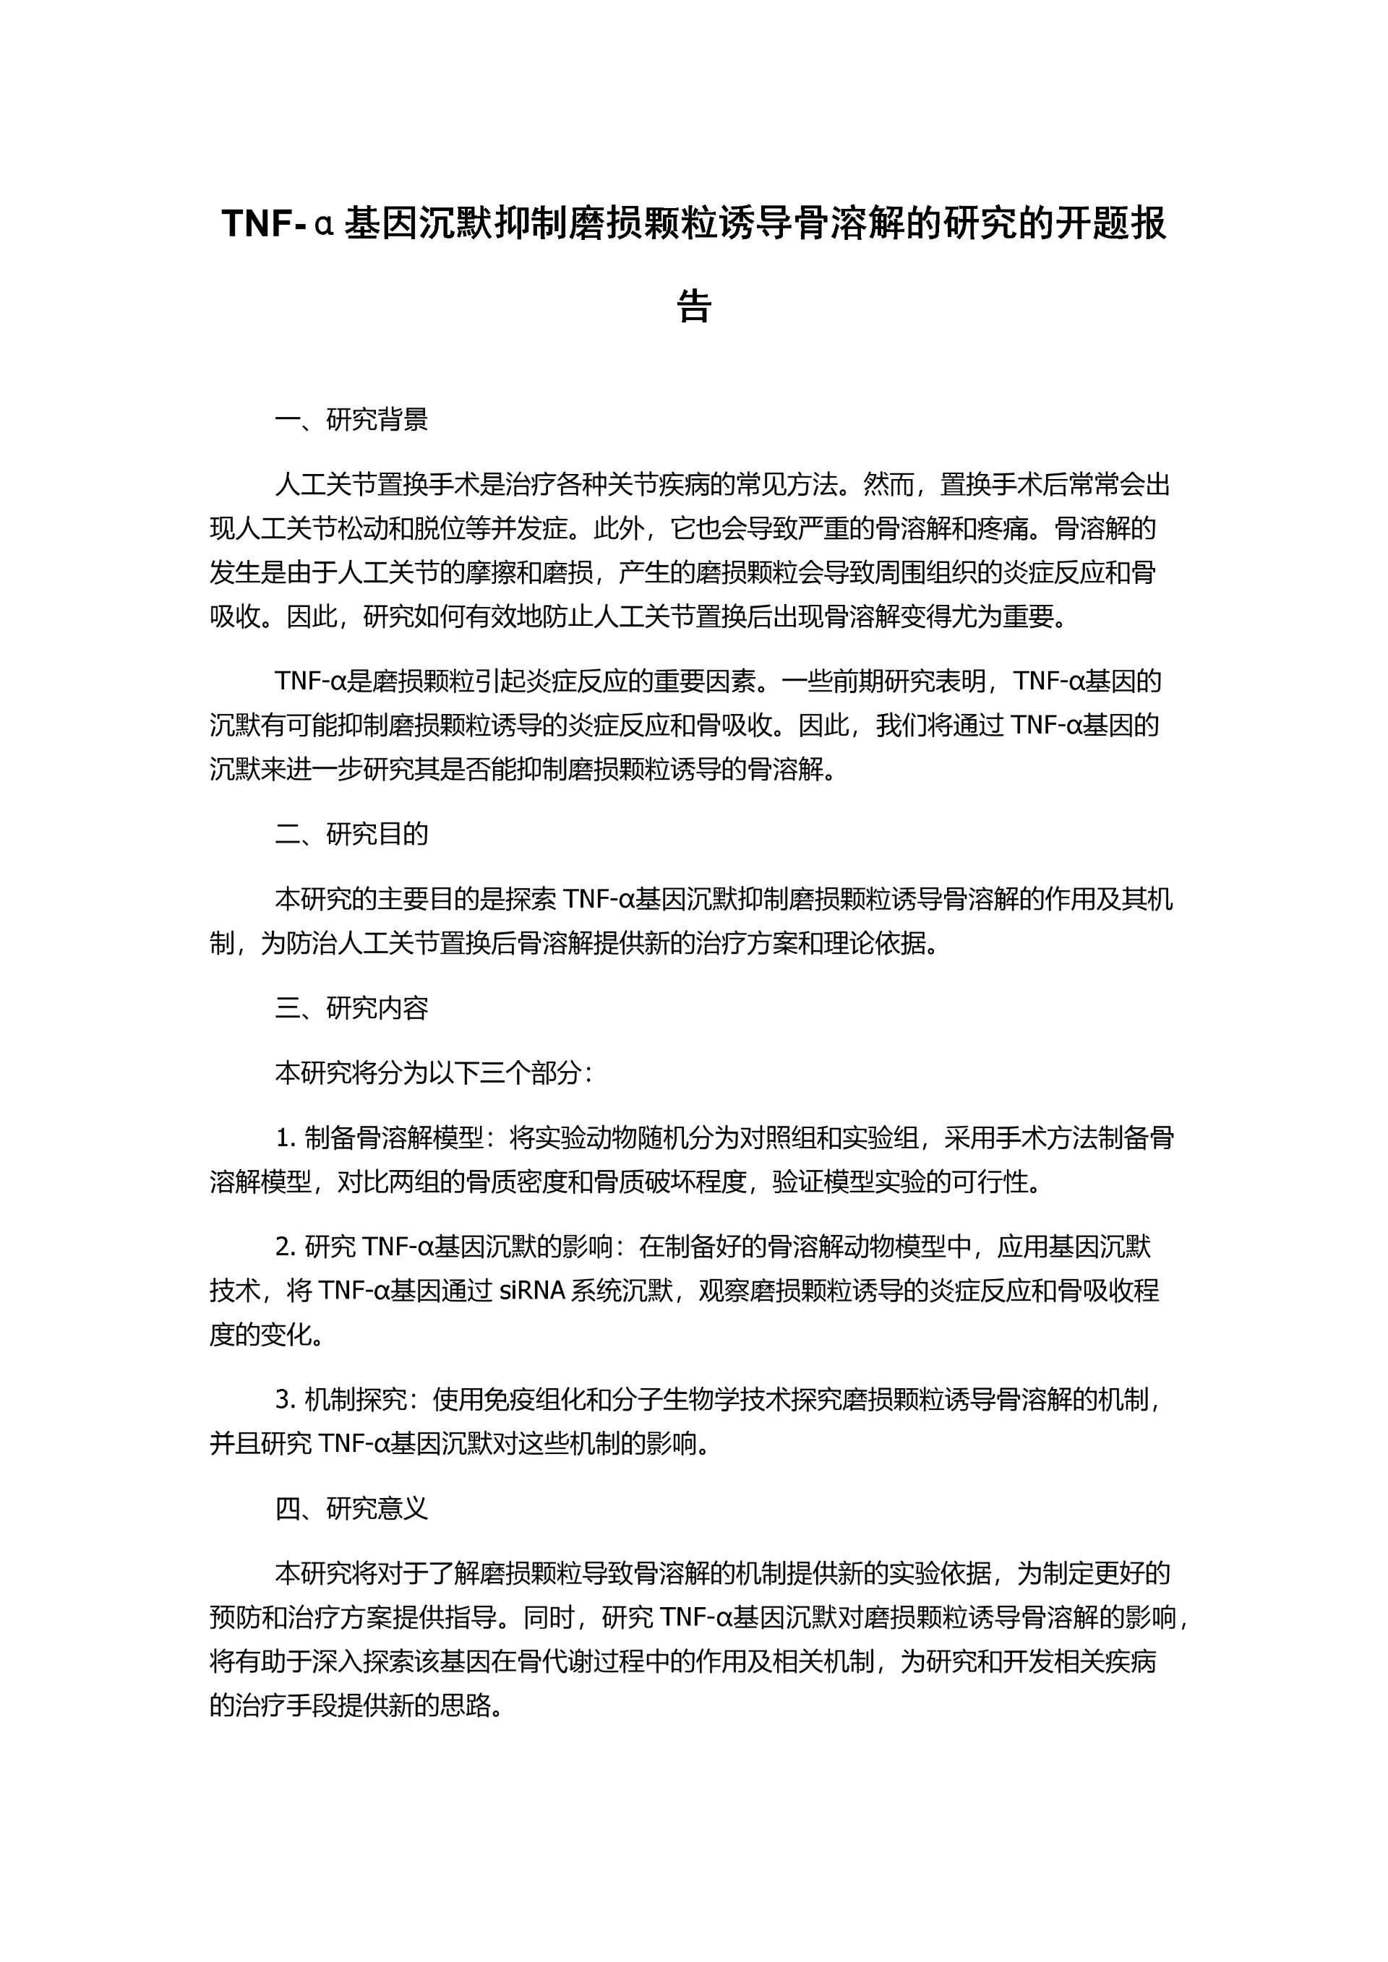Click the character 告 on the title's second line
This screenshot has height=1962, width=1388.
(693, 305)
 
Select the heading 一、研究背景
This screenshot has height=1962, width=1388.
(351, 420)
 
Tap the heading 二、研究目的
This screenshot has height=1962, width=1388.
(351, 834)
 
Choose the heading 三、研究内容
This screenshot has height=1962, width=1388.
(351, 1008)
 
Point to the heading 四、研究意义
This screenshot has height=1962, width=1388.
(351, 1532)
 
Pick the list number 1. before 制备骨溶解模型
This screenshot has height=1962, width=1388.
(286, 1139)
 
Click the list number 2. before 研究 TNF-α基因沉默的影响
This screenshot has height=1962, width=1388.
(286, 1247)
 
